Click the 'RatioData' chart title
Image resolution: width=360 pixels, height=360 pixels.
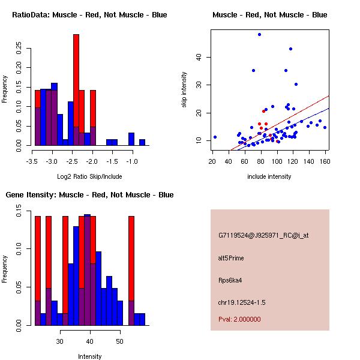[x=89, y=15]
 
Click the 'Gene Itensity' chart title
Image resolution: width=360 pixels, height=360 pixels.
[x=89, y=195]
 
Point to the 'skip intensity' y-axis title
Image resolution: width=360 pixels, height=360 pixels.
[x=184, y=90]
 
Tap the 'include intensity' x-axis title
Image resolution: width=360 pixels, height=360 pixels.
[x=269, y=176]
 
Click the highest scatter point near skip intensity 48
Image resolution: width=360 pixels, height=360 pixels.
[x=259, y=34]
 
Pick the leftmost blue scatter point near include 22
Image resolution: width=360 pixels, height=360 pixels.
[x=215, y=137]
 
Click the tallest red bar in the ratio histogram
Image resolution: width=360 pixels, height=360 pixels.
[x=76, y=90]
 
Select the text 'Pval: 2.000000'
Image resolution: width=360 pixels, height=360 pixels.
[x=239, y=319]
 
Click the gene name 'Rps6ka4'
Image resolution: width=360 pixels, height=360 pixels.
[x=230, y=280]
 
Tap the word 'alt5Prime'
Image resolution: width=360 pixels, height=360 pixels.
[x=231, y=258]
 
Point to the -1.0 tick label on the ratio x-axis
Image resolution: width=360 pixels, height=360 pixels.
[x=131, y=161]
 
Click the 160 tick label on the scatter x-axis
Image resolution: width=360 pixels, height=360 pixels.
[x=325, y=161]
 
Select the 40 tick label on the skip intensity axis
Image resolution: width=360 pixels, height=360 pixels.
[x=199, y=57]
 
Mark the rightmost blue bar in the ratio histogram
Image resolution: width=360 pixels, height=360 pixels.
[x=142, y=142]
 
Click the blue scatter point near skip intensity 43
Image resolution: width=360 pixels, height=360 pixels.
[x=290, y=49]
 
